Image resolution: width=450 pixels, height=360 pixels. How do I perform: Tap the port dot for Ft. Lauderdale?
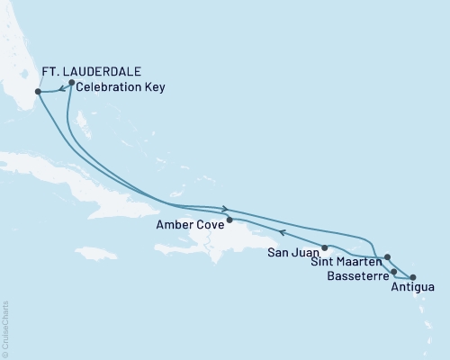[x=38, y=92]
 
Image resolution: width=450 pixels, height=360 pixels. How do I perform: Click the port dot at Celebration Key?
[x=71, y=83]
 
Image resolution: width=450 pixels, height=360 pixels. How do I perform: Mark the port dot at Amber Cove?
[x=229, y=220]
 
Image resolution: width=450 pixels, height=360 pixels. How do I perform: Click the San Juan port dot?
[x=325, y=247]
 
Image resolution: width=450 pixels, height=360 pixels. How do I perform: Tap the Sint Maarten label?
[x=345, y=262]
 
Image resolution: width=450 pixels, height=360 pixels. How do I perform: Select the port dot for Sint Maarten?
[x=387, y=257]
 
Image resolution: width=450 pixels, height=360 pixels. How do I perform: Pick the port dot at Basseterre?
[x=393, y=270]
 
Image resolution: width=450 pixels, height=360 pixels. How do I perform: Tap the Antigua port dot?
[x=413, y=277]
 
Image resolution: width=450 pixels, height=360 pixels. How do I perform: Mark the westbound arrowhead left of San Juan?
[x=282, y=233]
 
